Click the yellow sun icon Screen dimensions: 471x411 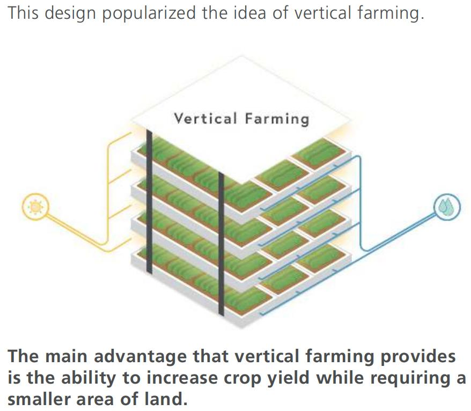pos(35,207)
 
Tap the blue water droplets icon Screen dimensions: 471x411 pos(447,207)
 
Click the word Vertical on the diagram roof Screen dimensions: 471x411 pos(205,119)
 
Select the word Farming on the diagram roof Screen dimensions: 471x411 pos(277,119)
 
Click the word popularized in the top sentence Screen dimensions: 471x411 pos(149,13)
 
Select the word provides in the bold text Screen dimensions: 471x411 pos(418,357)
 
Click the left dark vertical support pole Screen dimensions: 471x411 pos(149,201)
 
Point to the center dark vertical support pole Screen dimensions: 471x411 pos(221,244)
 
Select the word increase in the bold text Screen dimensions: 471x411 pos(182,378)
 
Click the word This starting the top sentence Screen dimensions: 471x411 pos(23,13)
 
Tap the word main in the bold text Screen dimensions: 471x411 pos(66,357)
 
